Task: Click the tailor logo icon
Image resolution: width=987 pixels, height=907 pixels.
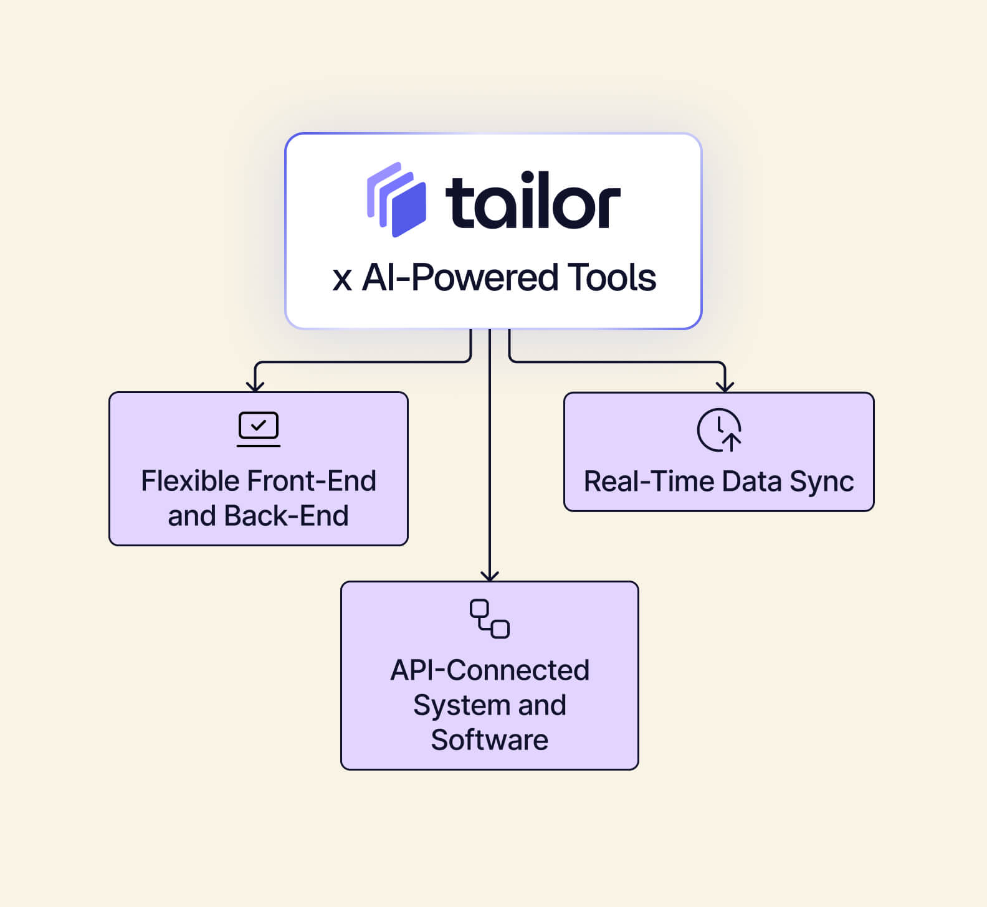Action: click(x=396, y=199)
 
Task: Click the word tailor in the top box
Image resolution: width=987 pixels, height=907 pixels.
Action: click(x=533, y=200)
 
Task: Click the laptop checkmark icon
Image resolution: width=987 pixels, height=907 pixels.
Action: click(x=259, y=429)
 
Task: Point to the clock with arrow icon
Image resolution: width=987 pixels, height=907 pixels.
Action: click(x=719, y=430)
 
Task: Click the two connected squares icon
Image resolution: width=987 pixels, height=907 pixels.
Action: click(x=490, y=619)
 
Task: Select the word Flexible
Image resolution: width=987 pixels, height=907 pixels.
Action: click(x=191, y=481)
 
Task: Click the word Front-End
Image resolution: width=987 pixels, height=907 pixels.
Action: click(x=312, y=481)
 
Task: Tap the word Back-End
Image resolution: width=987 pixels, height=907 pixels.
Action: click(x=286, y=516)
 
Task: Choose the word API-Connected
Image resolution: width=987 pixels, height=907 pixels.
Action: click(x=490, y=670)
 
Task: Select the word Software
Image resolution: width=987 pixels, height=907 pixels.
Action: click(x=490, y=740)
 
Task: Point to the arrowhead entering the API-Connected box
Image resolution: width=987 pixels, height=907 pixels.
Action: click(x=490, y=575)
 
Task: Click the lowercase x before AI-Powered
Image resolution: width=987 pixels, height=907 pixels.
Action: click(x=342, y=280)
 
